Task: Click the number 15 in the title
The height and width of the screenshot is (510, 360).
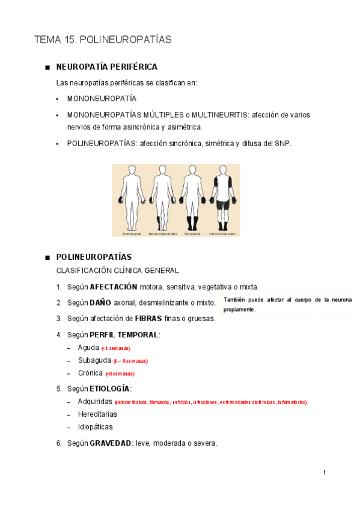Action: click(70, 40)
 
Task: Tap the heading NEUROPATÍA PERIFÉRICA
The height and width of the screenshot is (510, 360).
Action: click(106, 67)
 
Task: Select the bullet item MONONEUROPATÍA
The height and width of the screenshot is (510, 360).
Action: click(102, 98)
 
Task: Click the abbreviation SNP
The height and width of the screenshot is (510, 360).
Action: click(282, 143)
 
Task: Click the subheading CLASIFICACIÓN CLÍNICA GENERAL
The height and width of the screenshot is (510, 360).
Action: click(117, 271)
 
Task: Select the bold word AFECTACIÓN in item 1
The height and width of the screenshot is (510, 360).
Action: click(114, 287)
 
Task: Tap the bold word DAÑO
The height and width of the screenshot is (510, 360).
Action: click(100, 303)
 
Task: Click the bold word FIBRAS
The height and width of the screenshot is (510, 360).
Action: click(148, 318)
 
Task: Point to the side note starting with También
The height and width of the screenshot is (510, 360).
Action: click(288, 304)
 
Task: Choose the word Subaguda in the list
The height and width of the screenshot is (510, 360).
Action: click(94, 360)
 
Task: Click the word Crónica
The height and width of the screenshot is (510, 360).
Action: click(90, 373)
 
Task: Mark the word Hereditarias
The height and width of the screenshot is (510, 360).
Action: click(97, 414)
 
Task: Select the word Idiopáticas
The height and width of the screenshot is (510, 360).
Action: click(95, 427)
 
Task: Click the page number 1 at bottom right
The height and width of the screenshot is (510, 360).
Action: click(324, 472)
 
